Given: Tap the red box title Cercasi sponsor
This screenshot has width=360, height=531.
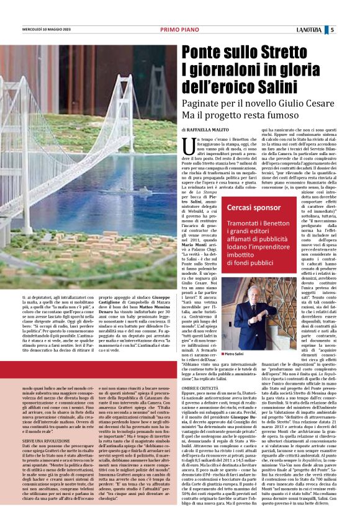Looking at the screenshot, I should (x=254, y=208).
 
